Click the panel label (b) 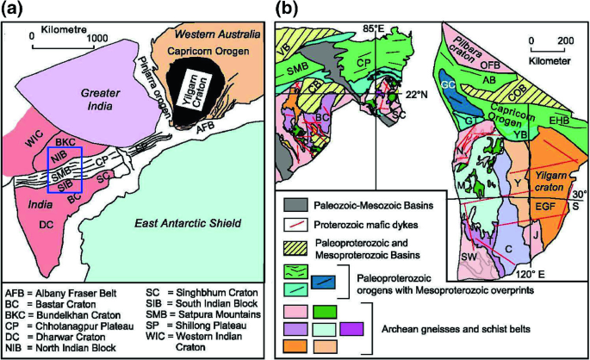pyautogui.click(x=287, y=11)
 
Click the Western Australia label pyautogui.click(x=216, y=34)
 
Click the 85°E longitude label pyautogui.click(x=374, y=28)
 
